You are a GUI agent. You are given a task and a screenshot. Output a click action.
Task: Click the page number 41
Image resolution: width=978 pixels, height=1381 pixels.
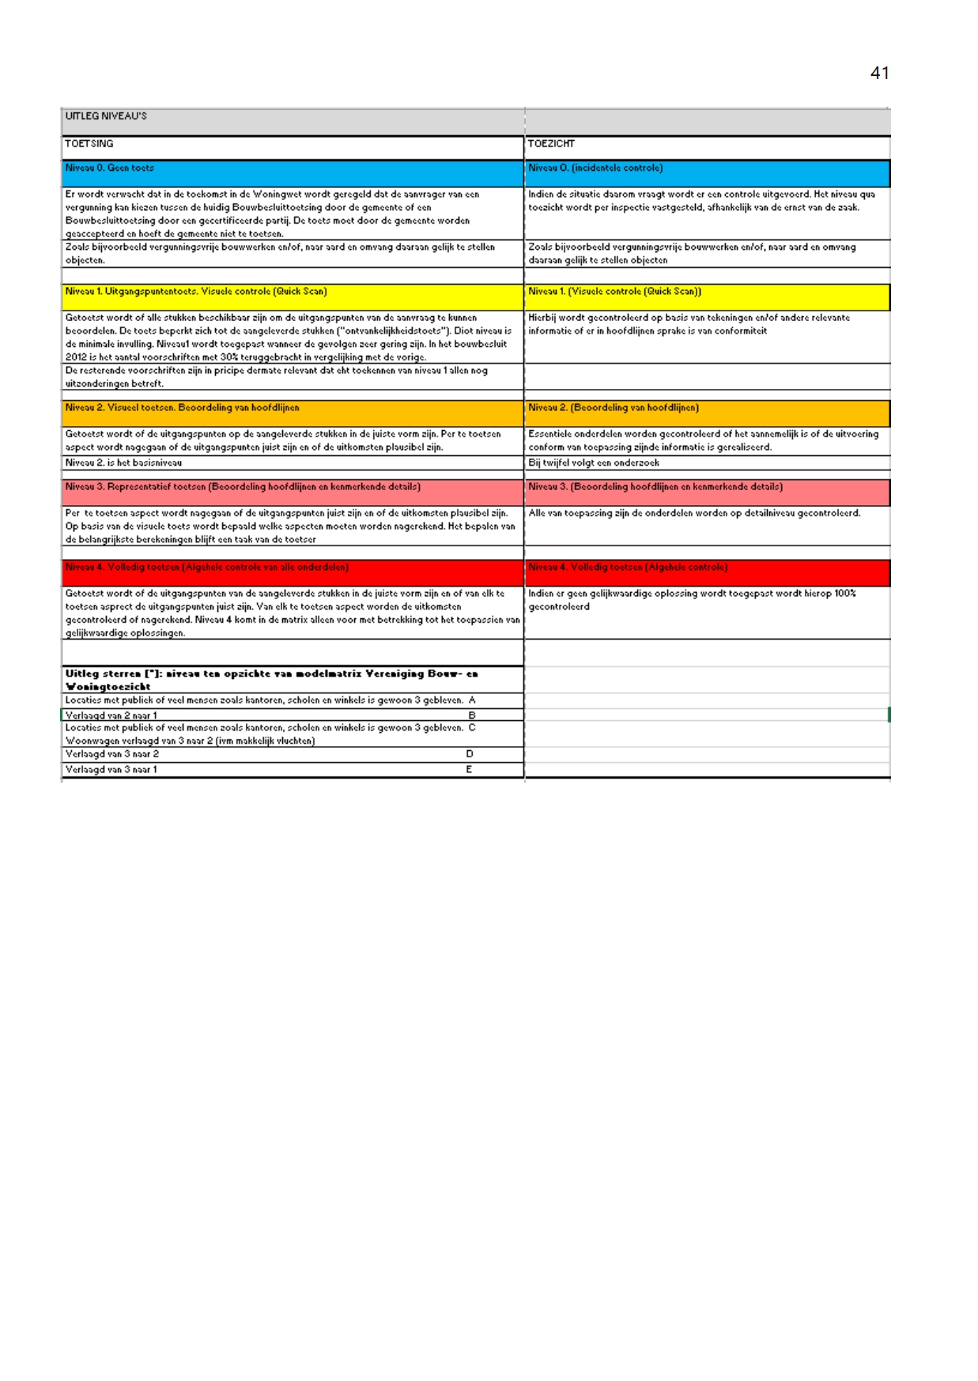pyautogui.click(x=879, y=74)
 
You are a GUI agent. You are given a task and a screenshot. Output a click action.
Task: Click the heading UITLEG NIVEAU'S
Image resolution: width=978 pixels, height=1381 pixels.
pyautogui.click(x=106, y=116)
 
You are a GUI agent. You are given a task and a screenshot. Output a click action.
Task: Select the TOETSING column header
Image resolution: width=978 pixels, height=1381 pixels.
pyautogui.click(x=89, y=144)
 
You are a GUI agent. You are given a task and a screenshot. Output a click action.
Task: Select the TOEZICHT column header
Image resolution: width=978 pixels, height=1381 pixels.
pyautogui.click(x=551, y=144)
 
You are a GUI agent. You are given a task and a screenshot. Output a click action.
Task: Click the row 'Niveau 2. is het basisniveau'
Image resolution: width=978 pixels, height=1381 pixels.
pyautogui.click(x=123, y=463)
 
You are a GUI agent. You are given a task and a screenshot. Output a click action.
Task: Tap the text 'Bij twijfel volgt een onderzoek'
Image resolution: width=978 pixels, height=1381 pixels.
pyautogui.click(x=594, y=463)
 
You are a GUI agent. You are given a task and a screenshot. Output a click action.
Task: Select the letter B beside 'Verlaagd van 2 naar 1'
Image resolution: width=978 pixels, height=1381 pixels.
pyautogui.click(x=472, y=715)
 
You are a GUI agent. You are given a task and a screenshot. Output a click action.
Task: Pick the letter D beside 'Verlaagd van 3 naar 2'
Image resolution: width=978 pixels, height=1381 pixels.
pyautogui.click(x=470, y=754)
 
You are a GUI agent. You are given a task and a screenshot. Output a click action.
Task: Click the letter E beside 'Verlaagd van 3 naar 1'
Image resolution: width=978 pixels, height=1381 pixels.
pyautogui.click(x=469, y=769)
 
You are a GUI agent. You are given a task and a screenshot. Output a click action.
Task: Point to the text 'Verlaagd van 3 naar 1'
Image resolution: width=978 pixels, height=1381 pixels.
pyautogui.click(x=111, y=769)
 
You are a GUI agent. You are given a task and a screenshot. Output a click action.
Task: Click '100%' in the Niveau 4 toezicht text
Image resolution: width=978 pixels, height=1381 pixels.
pyautogui.click(x=845, y=594)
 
